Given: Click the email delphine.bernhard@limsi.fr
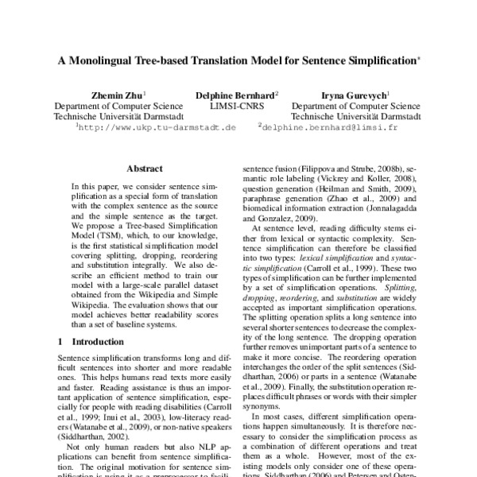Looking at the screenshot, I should pos(319,126).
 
